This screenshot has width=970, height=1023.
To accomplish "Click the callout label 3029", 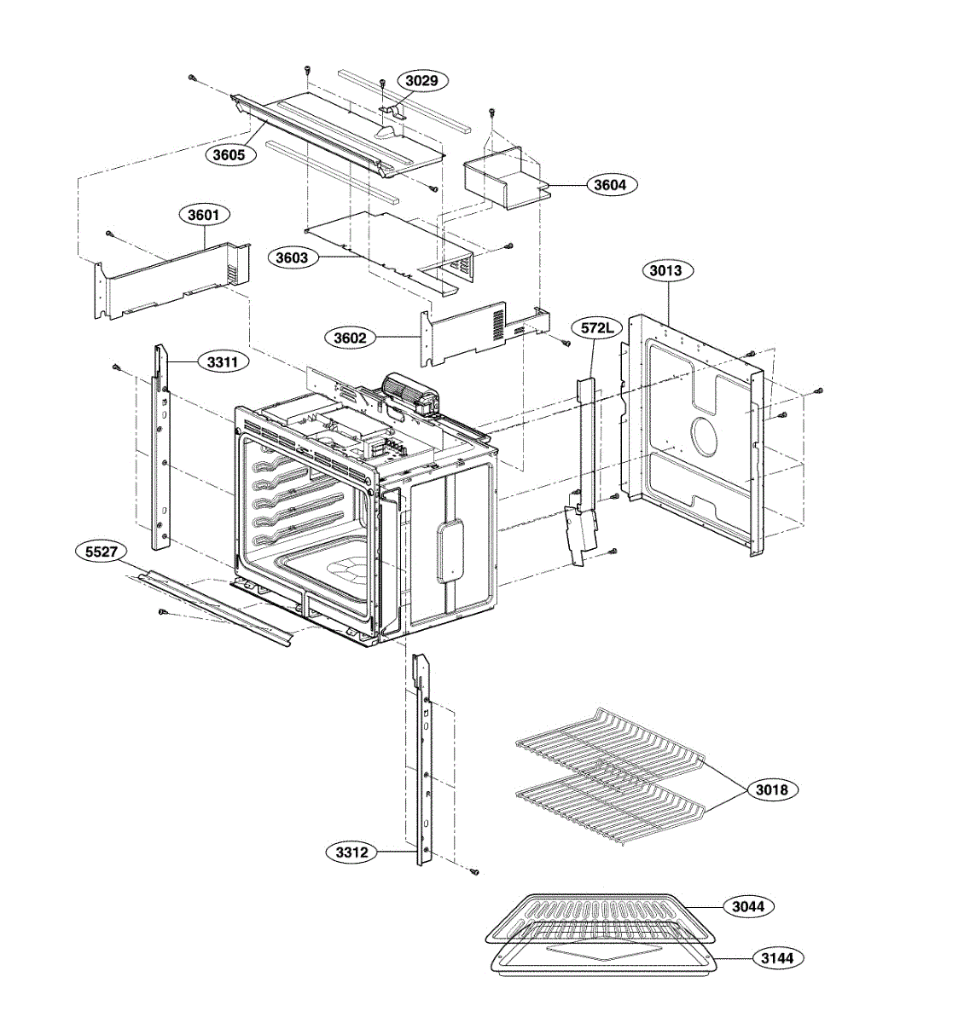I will [421, 81].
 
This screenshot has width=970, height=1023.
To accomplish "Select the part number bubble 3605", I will [229, 155].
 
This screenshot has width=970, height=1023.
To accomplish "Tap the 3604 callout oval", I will [609, 184].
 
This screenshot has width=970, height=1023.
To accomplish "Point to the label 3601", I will [204, 215].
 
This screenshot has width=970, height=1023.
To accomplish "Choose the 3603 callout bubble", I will [292, 257].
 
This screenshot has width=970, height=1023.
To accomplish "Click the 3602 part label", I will [350, 338].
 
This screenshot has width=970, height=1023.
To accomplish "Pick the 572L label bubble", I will [595, 327].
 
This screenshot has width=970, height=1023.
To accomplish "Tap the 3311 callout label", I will [222, 362].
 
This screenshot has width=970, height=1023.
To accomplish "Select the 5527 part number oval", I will [102, 552].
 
